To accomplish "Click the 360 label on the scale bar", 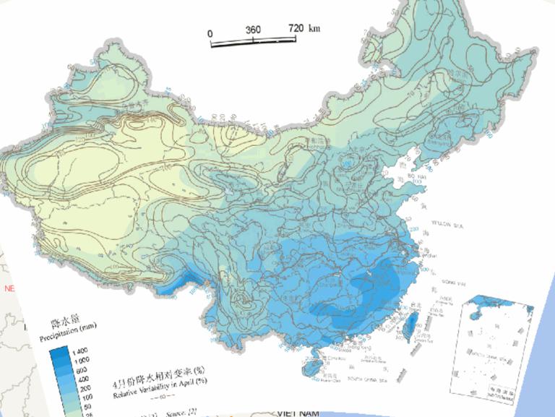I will (253, 30).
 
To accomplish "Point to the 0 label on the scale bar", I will (210, 33).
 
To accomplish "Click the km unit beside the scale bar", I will (314, 28).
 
